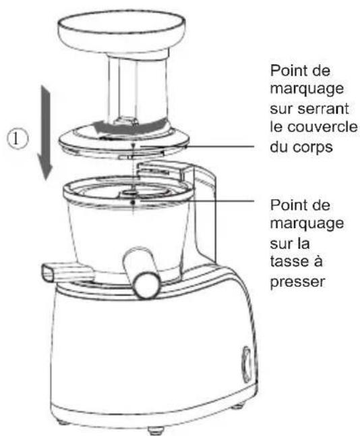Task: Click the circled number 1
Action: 18,138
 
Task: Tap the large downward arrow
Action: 45,133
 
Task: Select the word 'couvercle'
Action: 322,127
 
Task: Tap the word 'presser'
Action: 297,282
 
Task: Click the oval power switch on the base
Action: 247,364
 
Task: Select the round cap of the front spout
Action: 146,285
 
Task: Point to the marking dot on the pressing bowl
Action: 133,202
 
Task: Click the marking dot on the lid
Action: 133,146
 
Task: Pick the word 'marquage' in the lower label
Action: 307,224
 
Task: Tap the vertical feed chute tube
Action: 138,89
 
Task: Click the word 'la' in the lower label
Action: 303,243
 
